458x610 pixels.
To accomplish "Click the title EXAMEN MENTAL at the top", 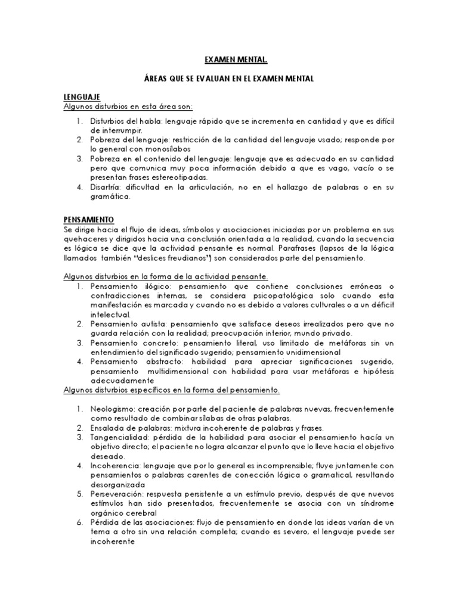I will click(x=228, y=60).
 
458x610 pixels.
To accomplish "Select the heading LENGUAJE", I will click(x=82, y=97).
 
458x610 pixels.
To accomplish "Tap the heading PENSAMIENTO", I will click(x=89, y=219).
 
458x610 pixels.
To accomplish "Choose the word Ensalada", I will click(x=108, y=428).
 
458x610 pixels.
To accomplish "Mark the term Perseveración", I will click(x=117, y=494).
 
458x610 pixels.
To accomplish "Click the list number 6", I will click(x=79, y=523).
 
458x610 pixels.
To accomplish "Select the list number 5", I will click(x=79, y=494).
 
